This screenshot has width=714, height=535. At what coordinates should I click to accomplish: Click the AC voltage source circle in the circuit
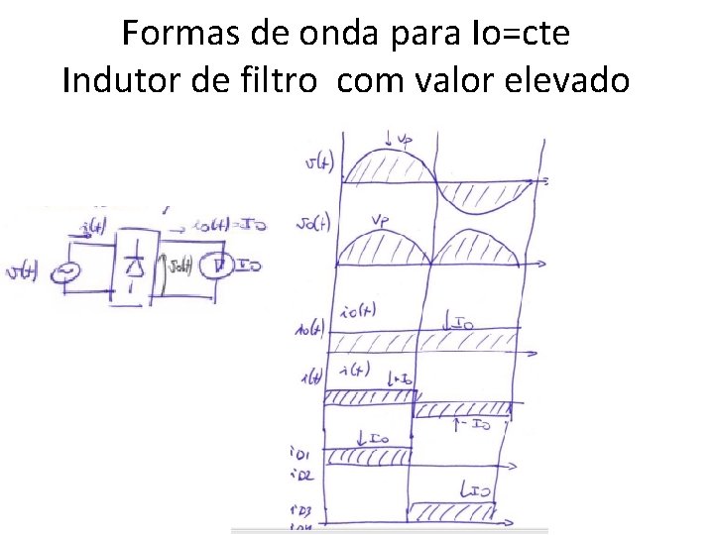68,270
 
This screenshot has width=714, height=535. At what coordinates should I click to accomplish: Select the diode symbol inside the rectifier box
137,266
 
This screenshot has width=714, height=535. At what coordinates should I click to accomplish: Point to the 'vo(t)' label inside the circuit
181,265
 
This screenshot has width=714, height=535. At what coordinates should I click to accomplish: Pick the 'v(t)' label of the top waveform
319,162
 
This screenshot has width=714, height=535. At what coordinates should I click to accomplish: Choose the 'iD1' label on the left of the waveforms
298,455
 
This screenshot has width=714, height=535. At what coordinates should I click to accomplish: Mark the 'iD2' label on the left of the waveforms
298,476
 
